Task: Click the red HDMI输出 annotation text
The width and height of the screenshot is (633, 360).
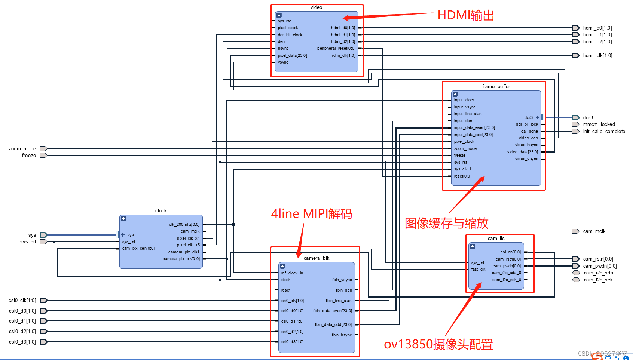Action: click(465, 16)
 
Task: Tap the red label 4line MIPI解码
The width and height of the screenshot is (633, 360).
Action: click(311, 214)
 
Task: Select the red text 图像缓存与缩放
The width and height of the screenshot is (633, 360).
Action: click(446, 224)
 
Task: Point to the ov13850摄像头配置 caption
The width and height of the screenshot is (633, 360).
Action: click(438, 344)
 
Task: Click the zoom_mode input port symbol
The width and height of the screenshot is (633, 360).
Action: click(43, 148)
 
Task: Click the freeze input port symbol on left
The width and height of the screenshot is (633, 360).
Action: click(43, 155)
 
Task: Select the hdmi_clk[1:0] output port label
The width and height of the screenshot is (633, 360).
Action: click(597, 56)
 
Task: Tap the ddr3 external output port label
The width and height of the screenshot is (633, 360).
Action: click(588, 117)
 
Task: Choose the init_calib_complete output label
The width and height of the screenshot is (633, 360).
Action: click(603, 131)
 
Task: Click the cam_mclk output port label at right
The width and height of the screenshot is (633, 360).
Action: click(594, 231)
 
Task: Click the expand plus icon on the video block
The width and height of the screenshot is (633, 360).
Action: click(279, 15)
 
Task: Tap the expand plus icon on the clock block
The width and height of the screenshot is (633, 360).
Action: click(123, 219)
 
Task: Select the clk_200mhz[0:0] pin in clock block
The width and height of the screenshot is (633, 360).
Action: click(184, 224)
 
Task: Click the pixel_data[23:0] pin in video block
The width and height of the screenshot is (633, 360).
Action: click(292, 55)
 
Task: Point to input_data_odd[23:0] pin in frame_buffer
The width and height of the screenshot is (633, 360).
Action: click(473, 135)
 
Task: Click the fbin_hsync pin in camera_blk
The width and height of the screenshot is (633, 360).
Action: click(342, 335)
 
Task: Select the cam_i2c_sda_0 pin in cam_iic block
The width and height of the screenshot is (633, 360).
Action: click(506, 273)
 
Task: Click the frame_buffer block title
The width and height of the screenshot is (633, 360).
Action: click(496, 86)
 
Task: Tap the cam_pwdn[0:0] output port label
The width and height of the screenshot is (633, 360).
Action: click(599, 266)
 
